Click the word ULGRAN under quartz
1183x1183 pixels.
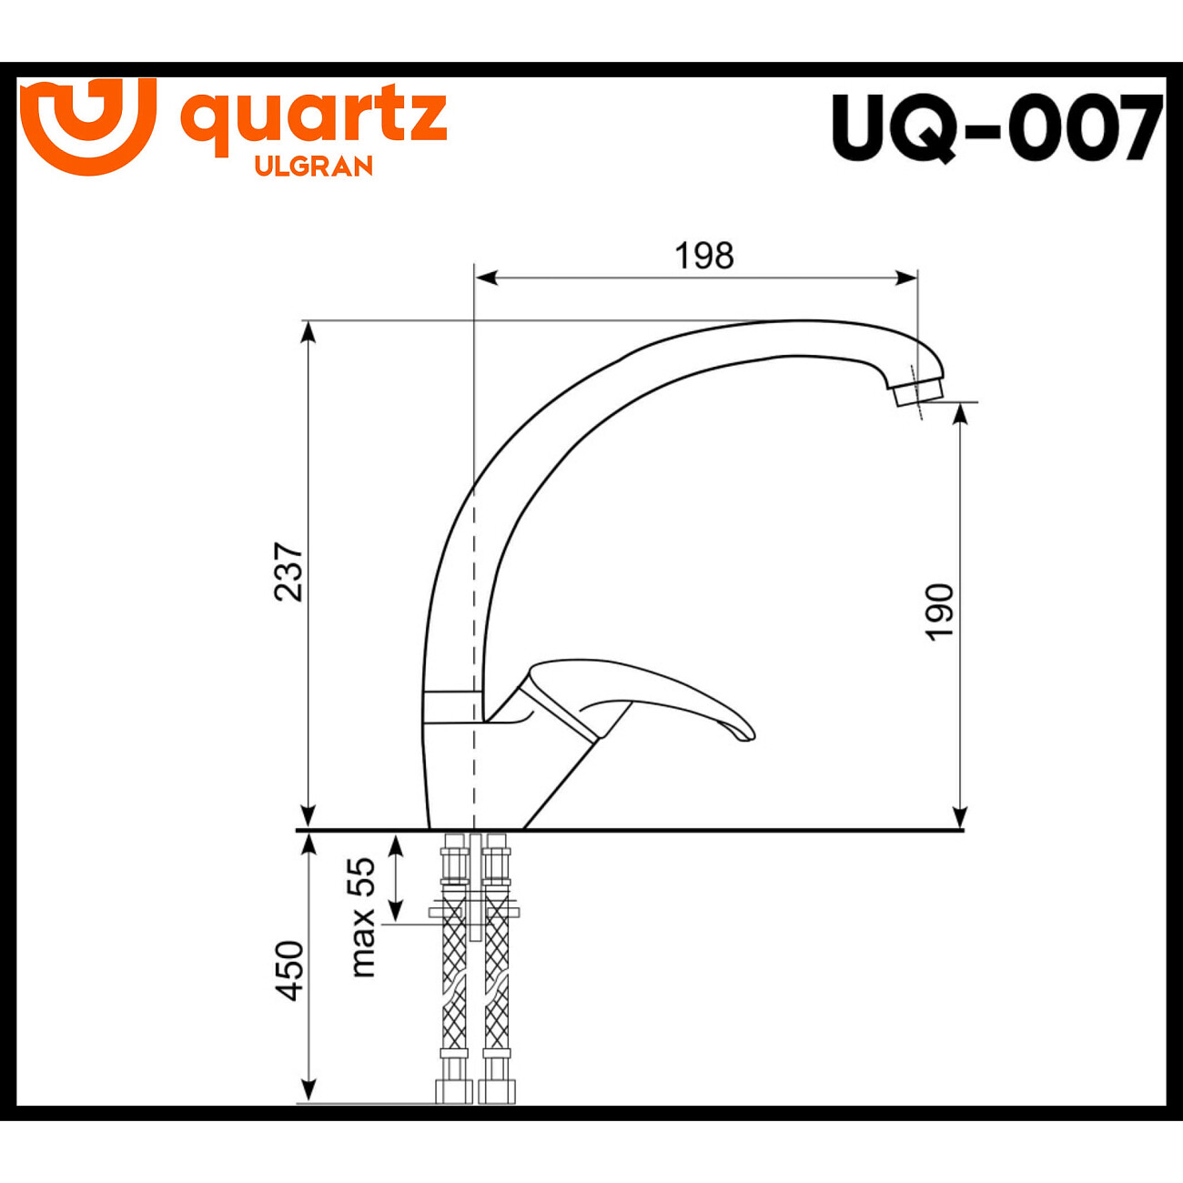(314, 167)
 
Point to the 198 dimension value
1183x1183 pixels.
(703, 256)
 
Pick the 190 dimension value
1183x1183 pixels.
(940, 612)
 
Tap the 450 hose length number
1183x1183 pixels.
(289, 970)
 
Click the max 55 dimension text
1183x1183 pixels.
(362, 917)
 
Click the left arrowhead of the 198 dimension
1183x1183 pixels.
(486, 278)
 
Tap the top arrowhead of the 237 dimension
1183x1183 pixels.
(309, 330)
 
